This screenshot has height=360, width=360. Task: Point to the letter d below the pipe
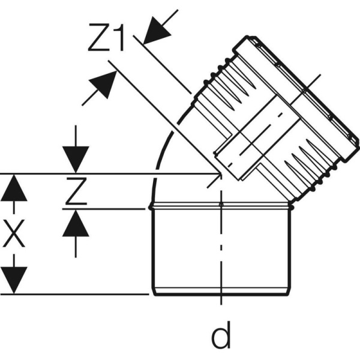tap(221, 337)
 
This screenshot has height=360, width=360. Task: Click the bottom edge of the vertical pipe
tap(221, 294)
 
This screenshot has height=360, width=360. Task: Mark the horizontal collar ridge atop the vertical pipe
tap(221, 206)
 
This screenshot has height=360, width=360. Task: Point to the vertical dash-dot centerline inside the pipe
tap(221, 252)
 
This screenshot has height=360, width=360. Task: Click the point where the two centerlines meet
tap(221, 175)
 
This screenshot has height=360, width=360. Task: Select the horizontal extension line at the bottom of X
tap(78, 294)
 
